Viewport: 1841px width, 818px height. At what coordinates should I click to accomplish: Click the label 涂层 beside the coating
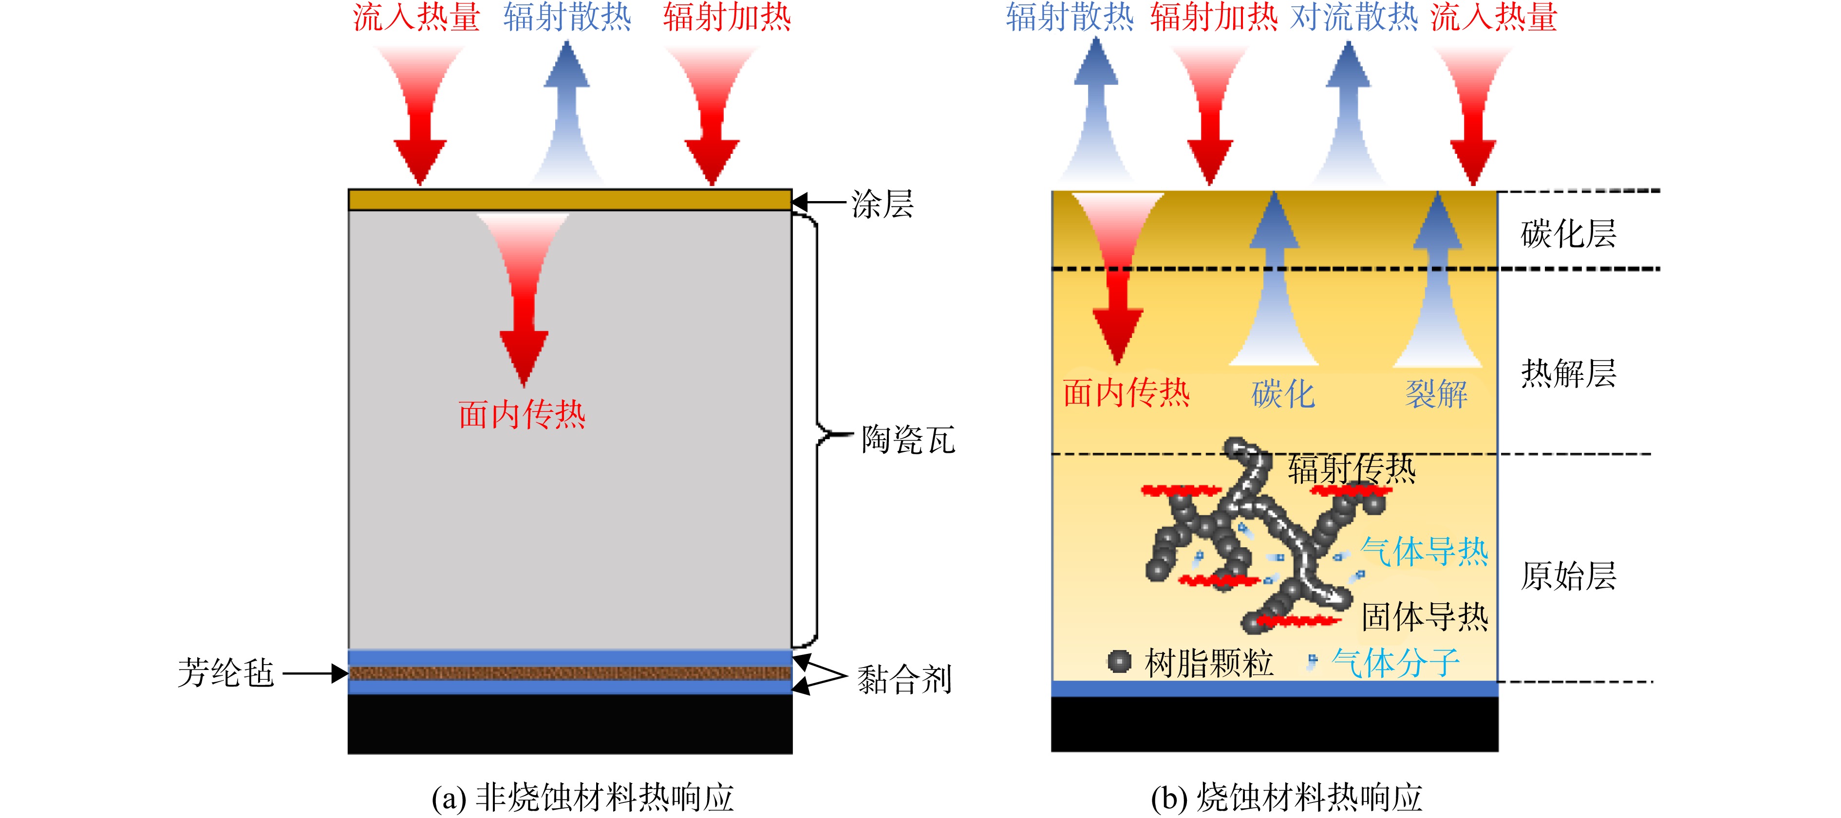[x=882, y=204]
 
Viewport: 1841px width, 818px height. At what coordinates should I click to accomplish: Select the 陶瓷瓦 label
[x=908, y=439]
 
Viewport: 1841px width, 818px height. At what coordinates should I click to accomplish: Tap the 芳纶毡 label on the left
[x=226, y=673]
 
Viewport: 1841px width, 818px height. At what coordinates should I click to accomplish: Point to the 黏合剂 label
[x=904, y=679]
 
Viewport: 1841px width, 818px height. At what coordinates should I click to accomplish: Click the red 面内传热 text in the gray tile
[x=522, y=414]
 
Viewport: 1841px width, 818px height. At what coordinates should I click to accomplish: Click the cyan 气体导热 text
[x=1425, y=552]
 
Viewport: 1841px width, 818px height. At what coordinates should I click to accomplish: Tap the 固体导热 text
[x=1425, y=616]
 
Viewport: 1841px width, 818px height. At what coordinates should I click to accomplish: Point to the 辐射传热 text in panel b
[x=1352, y=469]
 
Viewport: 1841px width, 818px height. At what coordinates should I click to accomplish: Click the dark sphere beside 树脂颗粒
[x=1119, y=662]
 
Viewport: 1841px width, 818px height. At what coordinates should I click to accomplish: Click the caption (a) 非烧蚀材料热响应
[x=582, y=797]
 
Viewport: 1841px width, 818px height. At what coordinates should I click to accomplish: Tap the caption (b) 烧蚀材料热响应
[x=1286, y=797]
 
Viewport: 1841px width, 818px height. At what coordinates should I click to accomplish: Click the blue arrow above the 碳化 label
[x=1274, y=279]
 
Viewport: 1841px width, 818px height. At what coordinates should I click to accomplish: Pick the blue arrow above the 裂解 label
[x=1437, y=279]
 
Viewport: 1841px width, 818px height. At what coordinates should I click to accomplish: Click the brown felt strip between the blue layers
[x=570, y=673]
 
